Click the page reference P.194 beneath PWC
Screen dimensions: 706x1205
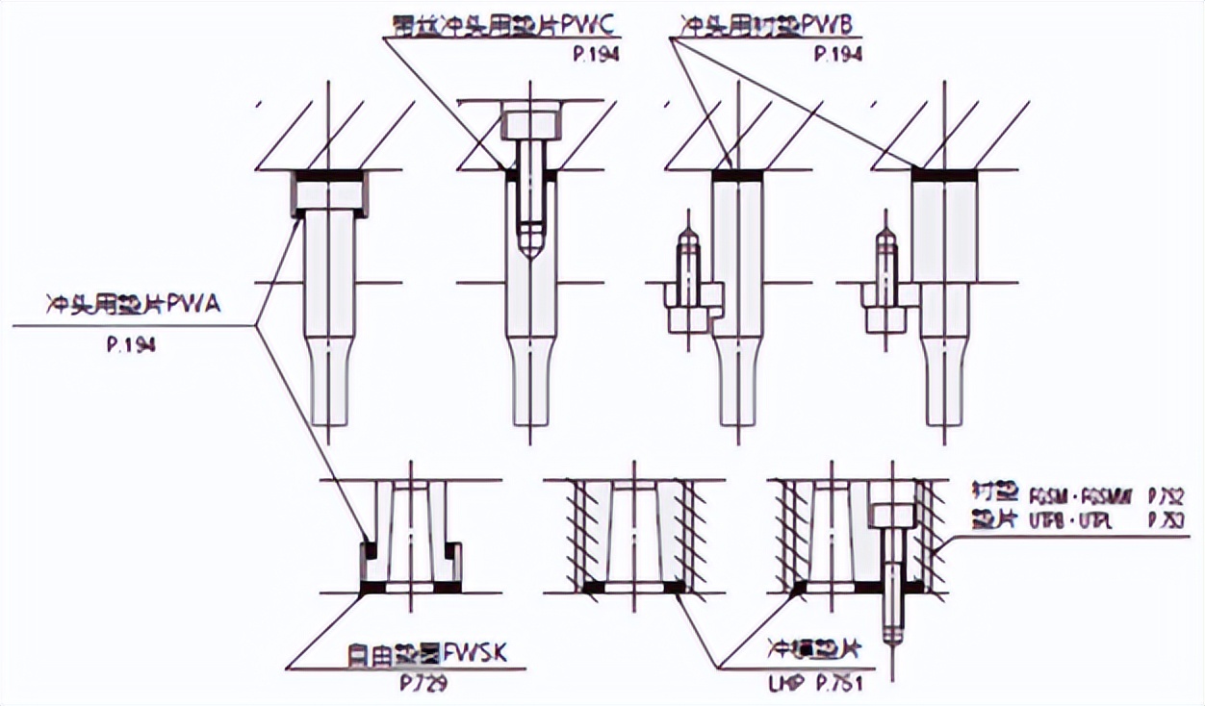tap(594, 54)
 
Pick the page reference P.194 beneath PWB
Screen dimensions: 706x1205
tap(837, 54)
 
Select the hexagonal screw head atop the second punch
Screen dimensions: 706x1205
tap(528, 122)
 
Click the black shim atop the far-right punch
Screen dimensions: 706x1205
tap(944, 176)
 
